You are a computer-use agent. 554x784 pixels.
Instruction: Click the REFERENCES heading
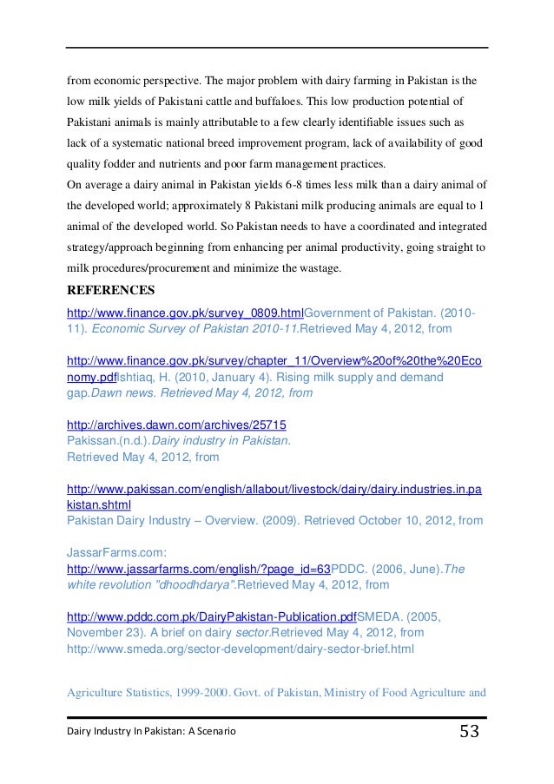click(x=119, y=291)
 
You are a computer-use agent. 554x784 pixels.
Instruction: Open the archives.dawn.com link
click(x=177, y=425)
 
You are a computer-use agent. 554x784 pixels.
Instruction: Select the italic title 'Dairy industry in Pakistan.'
click(x=228, y=441)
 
